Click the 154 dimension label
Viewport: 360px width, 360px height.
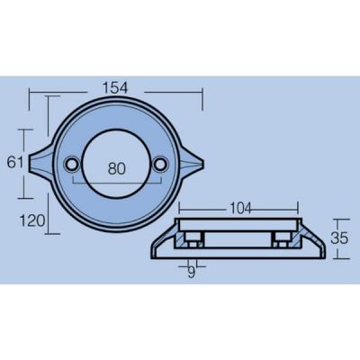(115, 88)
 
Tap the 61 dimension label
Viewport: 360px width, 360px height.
(15, 163)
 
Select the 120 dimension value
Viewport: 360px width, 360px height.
(32, 221)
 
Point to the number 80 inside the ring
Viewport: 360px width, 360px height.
(117, 169)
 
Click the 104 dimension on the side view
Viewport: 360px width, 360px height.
(240, 209)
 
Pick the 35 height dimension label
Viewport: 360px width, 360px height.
(339, 238)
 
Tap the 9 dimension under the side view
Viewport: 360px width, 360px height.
(192, 273)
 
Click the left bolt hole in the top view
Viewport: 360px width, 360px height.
(72, 164)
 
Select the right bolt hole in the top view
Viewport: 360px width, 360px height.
(161, 164)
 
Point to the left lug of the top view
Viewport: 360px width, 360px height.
(42, 162)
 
